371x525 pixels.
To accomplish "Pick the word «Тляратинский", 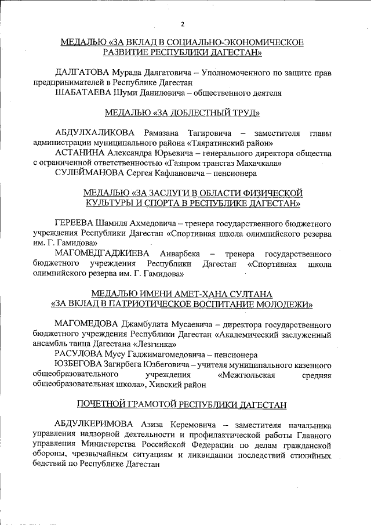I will [x=217, y=142].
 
